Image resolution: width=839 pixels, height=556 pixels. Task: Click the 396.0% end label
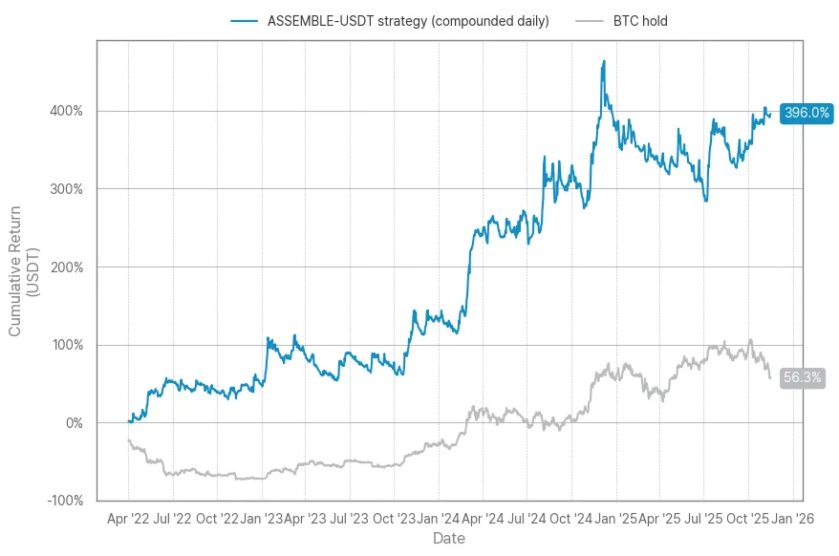(x=807, y=113)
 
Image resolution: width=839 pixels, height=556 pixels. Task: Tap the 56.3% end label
(x=802, y=377)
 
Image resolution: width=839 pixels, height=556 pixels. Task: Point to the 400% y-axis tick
(x=66, y=111)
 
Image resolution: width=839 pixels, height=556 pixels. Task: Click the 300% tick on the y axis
(x=66, y=189)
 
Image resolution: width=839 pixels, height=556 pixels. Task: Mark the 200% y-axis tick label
(x=66, y=267)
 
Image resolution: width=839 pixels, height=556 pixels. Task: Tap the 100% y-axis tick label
(x=66, y=345)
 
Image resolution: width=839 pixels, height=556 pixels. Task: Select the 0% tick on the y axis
(x=73, y=423)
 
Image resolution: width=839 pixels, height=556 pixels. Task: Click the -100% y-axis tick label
(x=64, y=501)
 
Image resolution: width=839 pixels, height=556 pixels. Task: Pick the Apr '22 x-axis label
(x=128, y=519)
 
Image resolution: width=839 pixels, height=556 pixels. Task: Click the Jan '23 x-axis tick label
(x=262, y=519)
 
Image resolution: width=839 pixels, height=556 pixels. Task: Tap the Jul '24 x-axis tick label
(x=527, y=519)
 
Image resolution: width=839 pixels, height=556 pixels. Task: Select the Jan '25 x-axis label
(x=616, y=519)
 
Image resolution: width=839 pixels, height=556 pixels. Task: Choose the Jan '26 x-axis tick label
(x=793, y=519)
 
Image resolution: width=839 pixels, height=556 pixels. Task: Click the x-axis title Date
(x=449, y=540)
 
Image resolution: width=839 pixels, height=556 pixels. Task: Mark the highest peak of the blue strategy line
(x=604, y=61)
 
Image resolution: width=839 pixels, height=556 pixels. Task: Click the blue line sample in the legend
(x=245, y=21)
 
